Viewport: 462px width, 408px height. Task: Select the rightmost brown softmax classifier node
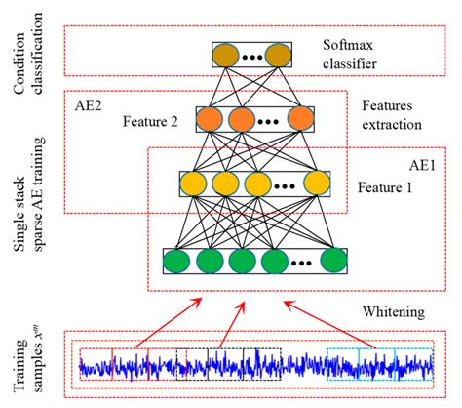tap(279, 54)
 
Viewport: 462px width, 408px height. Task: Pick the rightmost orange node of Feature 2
tap(300, 120)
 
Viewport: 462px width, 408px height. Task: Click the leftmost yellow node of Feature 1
tap(194, 184)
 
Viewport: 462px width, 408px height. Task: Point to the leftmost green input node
tap(177, 263)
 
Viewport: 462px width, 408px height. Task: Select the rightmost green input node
tap(333, 263)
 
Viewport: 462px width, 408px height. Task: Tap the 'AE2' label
tap(89, 102)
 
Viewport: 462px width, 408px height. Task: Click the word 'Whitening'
tap(400, 312)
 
